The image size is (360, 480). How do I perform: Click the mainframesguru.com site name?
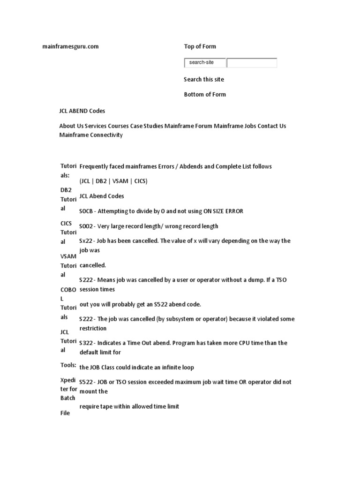pyautogui.click(x=70, y=46)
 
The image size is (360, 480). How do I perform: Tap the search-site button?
pyautogui.click(x=205, y=62)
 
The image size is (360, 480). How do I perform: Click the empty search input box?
pyautogui.click(x=252, y=62)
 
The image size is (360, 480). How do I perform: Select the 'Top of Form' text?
pyautogui.click(x=200, y=46)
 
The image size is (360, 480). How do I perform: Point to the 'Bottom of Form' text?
pyautogui.click(x=205, y=94)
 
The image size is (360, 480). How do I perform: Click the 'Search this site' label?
pyautogui.click(x=204, y=79)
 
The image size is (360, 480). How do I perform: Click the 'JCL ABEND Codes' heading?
pyautogui.click(x=82, y=111)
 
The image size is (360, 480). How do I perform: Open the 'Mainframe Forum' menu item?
pyautogui.click(x=188, y=126)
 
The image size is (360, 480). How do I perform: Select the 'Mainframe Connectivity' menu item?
pyautogui.click(x=91, y=135)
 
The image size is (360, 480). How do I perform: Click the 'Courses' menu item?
pyautogui.click(x=118, y=126)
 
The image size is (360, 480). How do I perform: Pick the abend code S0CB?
pyautogui.click(x=86, y=211)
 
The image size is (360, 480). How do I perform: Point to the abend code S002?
pyautogui.click(x=86, y=226)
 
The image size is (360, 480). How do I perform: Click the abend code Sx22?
pyautogui.click(x=86, y=241)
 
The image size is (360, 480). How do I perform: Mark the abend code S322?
pyautogui.click(x=86, y=343)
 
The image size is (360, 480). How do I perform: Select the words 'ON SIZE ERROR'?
pyautogui.click(x=223, y=211)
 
